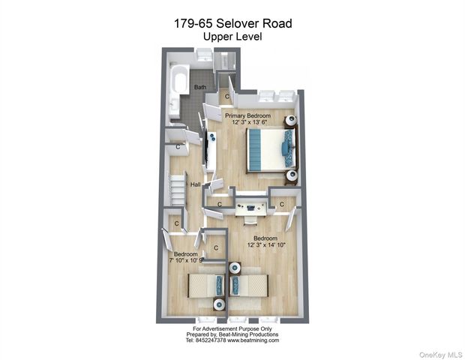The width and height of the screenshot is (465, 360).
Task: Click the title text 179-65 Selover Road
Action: [x=232, y=24]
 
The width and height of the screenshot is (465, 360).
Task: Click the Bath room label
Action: [x=200, y=88]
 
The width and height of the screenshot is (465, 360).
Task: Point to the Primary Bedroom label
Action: [x=247, y=115]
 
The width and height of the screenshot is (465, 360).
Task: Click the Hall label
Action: [x=195, y=184]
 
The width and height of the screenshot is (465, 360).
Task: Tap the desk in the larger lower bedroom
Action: [x=246, y=202]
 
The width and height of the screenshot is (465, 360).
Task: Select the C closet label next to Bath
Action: [x=227, y=96]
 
